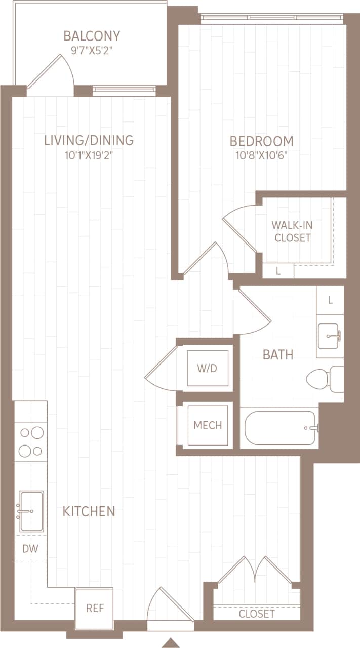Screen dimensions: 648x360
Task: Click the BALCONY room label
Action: (92, 36)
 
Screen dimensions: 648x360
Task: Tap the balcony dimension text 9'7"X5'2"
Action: (92, 51)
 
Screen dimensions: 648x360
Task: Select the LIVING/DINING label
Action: (89, 140)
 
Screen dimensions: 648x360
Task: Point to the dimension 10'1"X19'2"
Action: (89, 155)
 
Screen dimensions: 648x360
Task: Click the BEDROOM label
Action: (261, 141)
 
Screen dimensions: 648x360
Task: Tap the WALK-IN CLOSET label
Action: (292, 231)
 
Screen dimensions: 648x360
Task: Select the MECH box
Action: (208, 425)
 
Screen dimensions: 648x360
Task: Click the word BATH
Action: (278, 354)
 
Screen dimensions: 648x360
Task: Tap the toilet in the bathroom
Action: (324, 379)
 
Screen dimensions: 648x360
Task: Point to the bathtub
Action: (280, 428)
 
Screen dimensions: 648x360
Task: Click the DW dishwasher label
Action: (30, 548)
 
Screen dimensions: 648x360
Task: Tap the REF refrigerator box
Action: (95, 608)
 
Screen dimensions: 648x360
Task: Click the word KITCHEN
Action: (89, 511)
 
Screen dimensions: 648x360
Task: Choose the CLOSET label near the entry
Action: (257, 614)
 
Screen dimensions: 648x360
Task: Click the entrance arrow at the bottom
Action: (171, 642)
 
